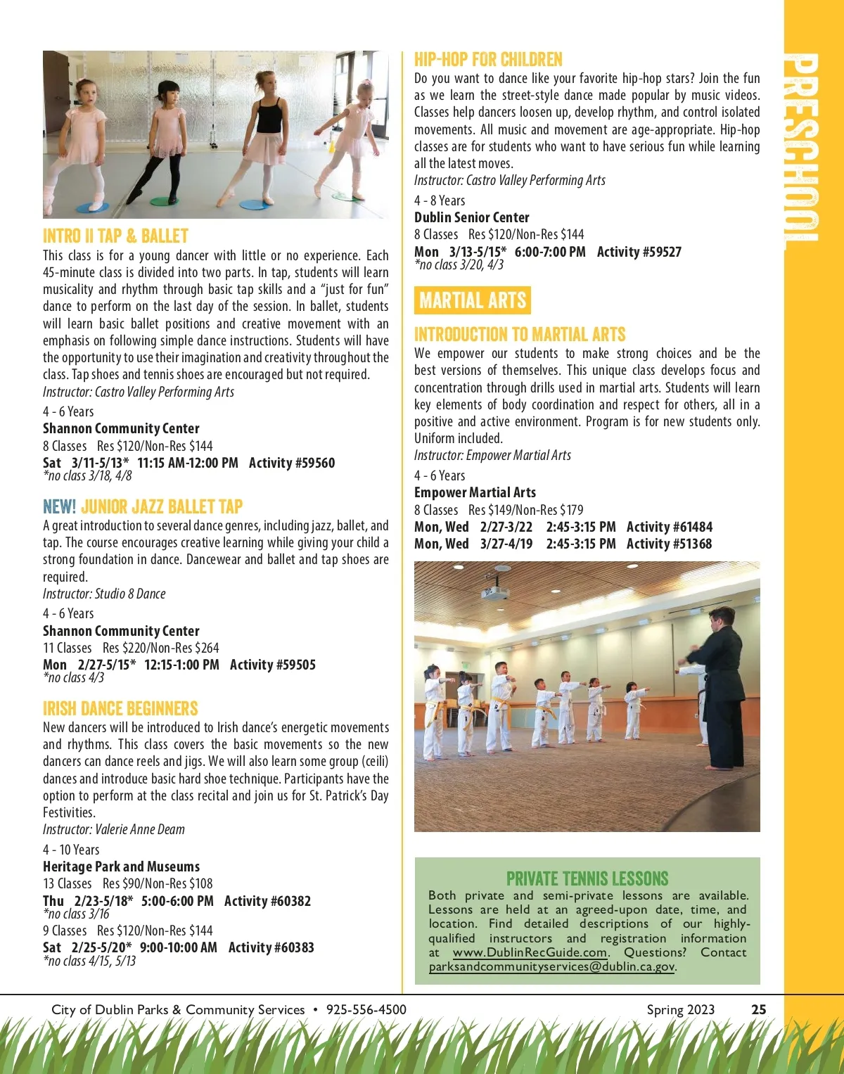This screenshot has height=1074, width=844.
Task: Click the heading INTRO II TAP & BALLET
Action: (x=115, y=236)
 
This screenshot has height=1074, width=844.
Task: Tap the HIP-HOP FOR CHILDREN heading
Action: (x=488, y=60)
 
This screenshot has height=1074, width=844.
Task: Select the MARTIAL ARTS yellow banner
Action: (x=473, y=300)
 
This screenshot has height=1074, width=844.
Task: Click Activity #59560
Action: (x=292, y=463)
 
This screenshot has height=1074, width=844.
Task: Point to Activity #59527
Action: (x=639, y=252)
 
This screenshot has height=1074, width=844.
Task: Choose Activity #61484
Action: (x=669, y=527)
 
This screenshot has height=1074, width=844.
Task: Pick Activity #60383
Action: (x=271, y=947)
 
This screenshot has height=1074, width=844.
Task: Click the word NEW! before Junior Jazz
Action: (x=59, y=506)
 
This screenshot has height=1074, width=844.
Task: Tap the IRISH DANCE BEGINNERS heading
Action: (x=120, y=708)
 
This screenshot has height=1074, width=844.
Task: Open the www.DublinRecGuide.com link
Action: (x=530, y=952)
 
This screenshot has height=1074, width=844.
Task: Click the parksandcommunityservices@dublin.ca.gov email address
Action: (x=551, y=966)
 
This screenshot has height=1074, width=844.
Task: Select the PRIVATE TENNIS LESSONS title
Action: (x=587, y=878)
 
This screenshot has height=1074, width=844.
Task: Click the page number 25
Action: (x=758, y=1009)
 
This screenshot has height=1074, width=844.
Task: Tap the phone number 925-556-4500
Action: (x=366, y=1009)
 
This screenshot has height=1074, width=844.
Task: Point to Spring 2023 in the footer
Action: (x=680, y=1009)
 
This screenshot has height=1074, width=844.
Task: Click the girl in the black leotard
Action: (x=268, y=134)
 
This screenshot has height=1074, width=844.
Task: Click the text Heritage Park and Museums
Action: (x=121, y=867)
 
